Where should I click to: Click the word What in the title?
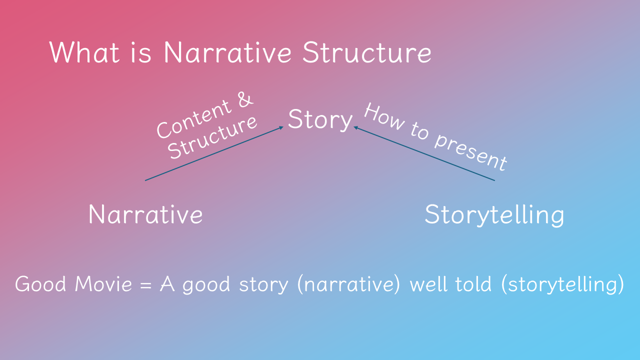pyautogui.click(x=84, y=52)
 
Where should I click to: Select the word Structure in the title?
pyautogui.click(x=366, y=52)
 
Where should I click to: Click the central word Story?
pyautogui.click(x=320, y=120)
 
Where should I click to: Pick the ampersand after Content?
pyautogui.click(x=244, y=101)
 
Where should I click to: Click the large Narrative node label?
pyautogui.click(x=145, y=214)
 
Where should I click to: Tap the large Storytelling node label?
pyautogui.click(x=494, y=214)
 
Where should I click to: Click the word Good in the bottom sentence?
pyautogui.click(x=41, y=284)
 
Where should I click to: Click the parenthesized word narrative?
pyautogui.click(x=349, y=284)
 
